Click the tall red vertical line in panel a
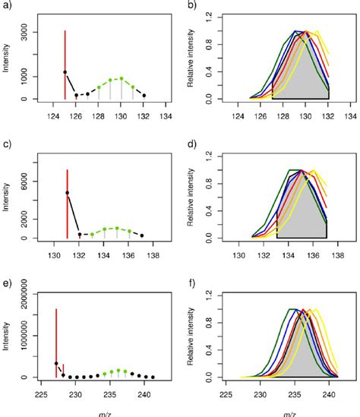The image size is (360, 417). tap(65, 61)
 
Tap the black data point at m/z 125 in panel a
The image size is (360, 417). tap(65, 72)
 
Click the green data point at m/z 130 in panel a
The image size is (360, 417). tap(122, 78)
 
